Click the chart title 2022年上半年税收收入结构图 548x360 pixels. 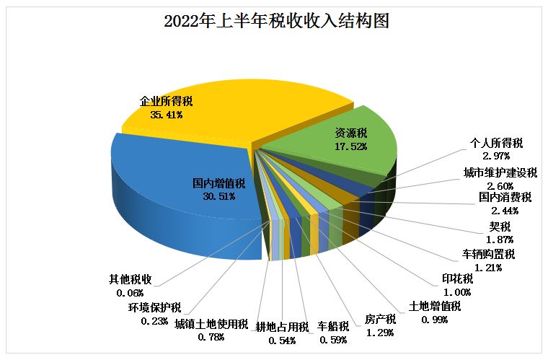click(277, 21)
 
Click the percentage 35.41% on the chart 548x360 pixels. click(167, 114)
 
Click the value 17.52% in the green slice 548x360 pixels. click(351, 146)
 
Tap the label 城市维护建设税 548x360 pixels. click(500, 173)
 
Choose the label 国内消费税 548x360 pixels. click(505, 197)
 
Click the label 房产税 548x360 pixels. click(380, 319)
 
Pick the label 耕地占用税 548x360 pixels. click(282, 327)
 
